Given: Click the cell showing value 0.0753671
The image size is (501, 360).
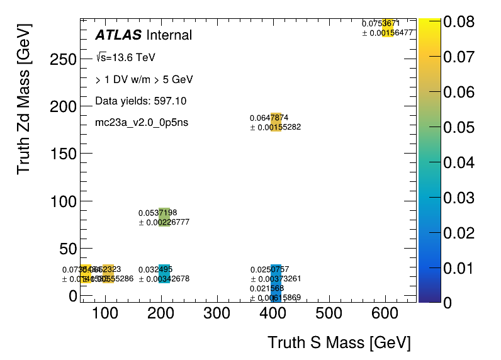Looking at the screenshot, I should coord(388,28).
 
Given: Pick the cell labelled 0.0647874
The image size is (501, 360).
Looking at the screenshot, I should coord(276,122).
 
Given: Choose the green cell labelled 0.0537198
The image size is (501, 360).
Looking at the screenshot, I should coord(164,217).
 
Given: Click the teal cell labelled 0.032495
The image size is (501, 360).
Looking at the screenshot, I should coord(164,274).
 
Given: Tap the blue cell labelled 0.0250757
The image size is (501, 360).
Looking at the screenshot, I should coord(276,274).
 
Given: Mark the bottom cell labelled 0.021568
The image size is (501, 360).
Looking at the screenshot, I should coord(276,293).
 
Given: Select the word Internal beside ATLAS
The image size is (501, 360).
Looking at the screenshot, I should coord(169,35).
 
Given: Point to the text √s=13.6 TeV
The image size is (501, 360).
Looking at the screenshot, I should coord(125,58).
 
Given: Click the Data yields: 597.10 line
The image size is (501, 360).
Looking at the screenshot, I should coord(140,101).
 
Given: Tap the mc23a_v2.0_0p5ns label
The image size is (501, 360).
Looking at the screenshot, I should coord(142,122).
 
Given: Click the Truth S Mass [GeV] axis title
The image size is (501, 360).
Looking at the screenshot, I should coord(339,343).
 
